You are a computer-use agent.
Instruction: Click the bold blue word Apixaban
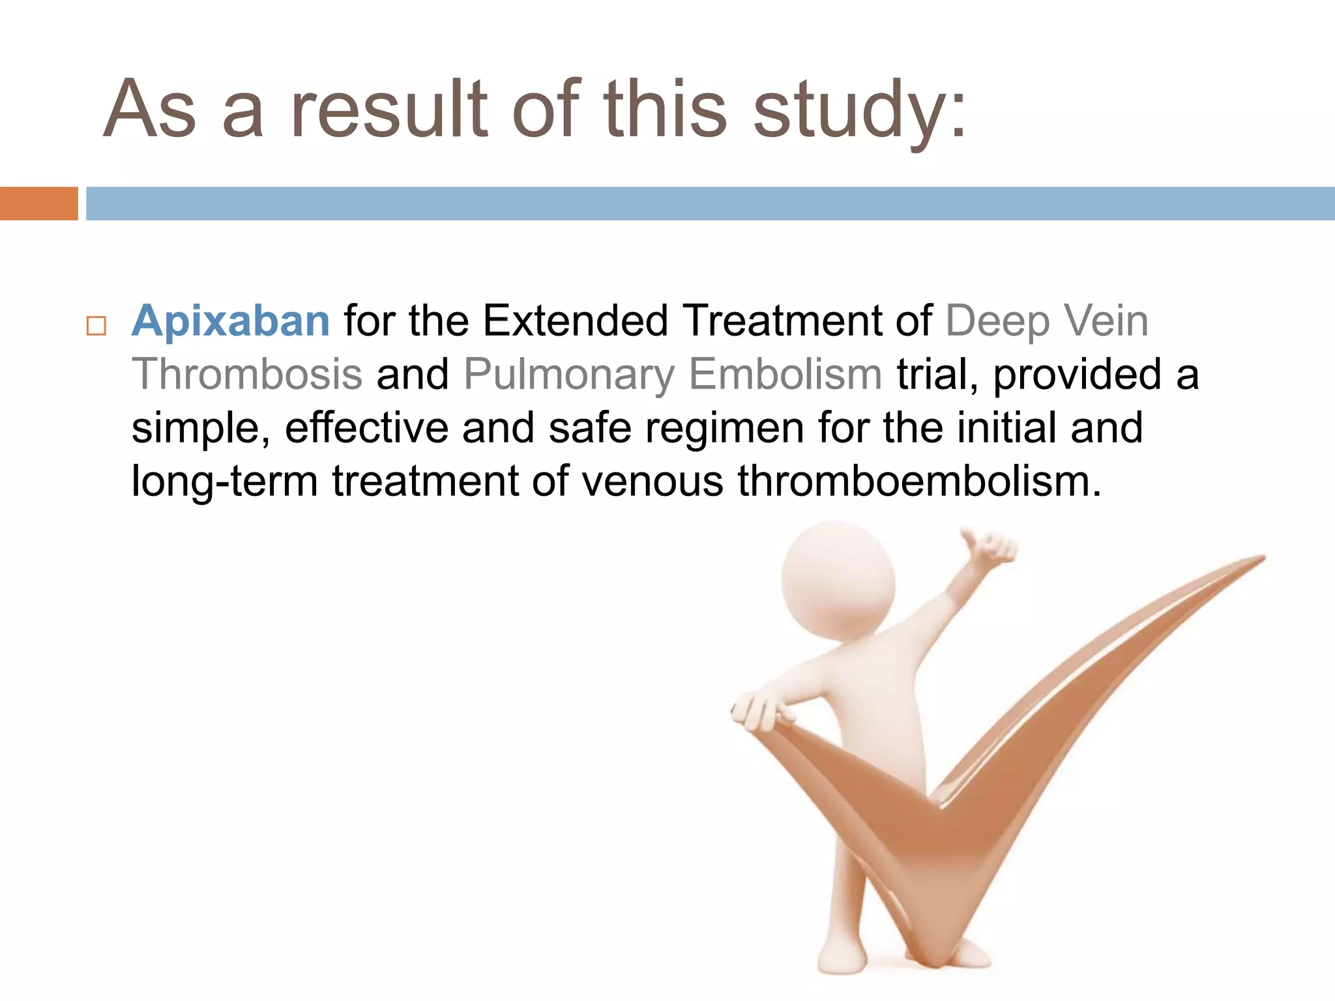[x=231, y=321]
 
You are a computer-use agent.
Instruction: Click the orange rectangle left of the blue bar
[x=38, y=203]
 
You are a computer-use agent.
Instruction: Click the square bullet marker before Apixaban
[x=96, y=325]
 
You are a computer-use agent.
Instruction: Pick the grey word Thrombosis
[x=247, y=375]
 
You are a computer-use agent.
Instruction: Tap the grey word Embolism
[x=785, y=375]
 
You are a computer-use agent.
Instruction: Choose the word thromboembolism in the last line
[x=919, y=482]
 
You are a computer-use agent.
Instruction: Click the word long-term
[x=225, y=483]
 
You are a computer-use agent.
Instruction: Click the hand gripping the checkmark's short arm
[x=759, y=714]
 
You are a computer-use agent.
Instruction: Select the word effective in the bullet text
[x=366, y=428]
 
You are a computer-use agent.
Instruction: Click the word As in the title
[x=150, y=111]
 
